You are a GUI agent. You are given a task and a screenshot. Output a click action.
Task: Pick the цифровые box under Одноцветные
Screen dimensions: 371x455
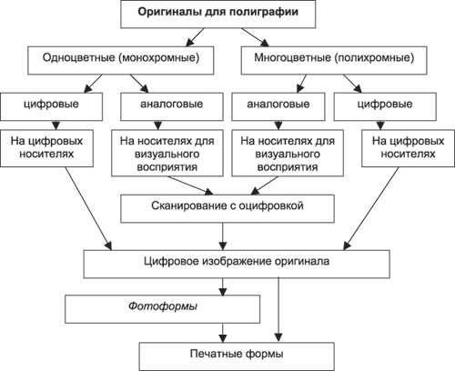51,103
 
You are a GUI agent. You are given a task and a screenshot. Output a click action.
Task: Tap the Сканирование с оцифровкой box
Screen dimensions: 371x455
227,206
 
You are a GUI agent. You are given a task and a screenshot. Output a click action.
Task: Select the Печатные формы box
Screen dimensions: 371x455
226,353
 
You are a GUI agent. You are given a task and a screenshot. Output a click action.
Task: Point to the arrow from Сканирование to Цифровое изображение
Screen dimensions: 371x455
227,234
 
